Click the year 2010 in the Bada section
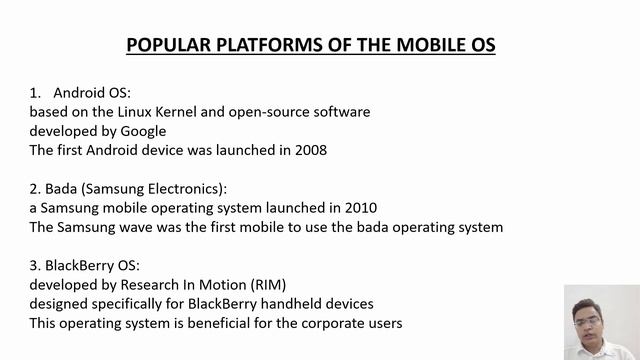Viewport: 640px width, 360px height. (x=359, y=208)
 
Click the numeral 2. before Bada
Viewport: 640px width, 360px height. (x=35, y=189)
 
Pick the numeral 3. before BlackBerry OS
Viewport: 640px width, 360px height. (x=35, y=266)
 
